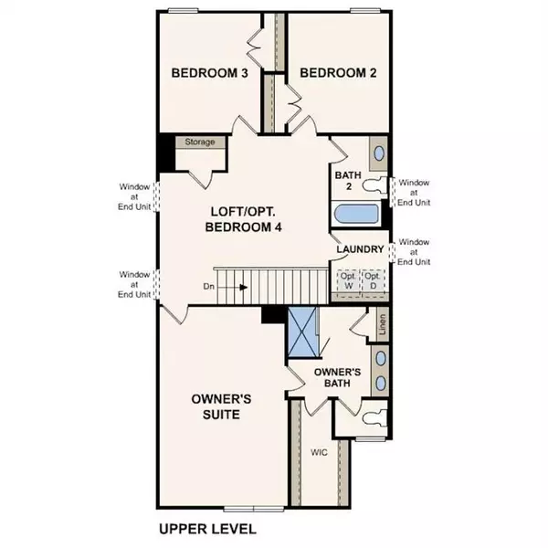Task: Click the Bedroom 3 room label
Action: [x=209, y=73]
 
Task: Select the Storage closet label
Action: [x=200, y=142]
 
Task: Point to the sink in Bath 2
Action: [x=376, y=152]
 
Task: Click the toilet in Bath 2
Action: [x=374, y=186]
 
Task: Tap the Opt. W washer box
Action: [x=348, y=280]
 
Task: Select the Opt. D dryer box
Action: [x=373, y=280]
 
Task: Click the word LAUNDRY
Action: [x=358, y=249]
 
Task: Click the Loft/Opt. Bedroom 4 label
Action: [x=242, y=219]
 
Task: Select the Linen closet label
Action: [x=383, y=323]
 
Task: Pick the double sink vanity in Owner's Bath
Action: [x=380, y=369]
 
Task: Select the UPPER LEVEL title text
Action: [x=207, y=529]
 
